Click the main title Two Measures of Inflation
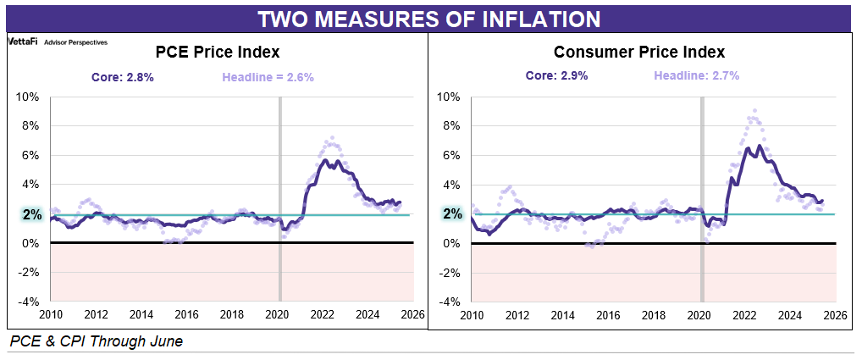pos(429,19)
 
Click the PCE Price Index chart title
pos(218,53)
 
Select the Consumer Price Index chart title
pos(639,53)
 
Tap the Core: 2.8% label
pos(123,77)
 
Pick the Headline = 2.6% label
pos(268,77)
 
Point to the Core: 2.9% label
pos(555,75)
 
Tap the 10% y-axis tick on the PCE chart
pos(28,97)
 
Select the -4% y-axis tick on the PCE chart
pos(28,302)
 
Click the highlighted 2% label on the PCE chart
pos(32,214)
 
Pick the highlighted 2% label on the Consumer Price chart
pos(454,214)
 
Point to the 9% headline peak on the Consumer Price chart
pos(754,111)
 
